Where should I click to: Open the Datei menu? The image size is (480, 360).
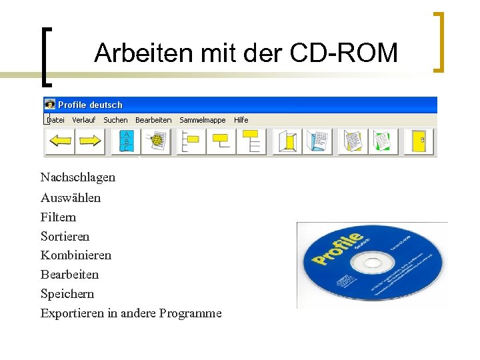(x=56, y=120)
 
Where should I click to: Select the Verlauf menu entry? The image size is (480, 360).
(x=84, y=120)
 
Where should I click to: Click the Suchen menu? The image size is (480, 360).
(x=115, y=120)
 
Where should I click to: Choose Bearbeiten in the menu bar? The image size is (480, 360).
(x=153, y=120)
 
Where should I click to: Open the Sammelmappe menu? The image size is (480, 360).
(x=203, y=120)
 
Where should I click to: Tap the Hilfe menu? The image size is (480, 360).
(x=241, y=120)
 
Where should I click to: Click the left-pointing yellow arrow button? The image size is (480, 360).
(x=61, y=141)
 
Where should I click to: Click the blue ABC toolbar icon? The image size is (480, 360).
(x=125, y=141)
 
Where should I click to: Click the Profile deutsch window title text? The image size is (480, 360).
(x=90, y=105)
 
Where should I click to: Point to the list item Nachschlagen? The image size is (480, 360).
(x=77, y=177)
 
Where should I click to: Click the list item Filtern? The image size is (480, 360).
(x=58, y=217)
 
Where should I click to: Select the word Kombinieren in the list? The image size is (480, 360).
(x=75, y=255)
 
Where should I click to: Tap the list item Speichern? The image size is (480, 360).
(x=67, y=294)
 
